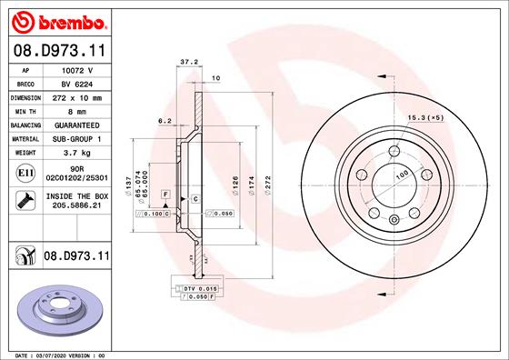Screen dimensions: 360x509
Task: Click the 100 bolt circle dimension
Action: coord(400,174)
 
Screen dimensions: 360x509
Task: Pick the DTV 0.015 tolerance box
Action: coord(194,287)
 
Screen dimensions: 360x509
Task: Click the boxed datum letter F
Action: coord(165,195)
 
